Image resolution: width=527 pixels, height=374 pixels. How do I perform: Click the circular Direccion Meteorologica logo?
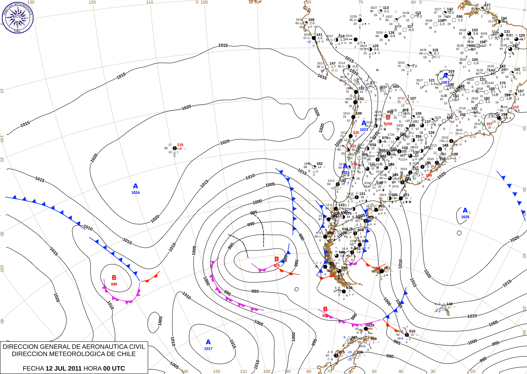pyautogui.click(x=17, y=17)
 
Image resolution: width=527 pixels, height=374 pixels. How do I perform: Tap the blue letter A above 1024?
pyautogui.click(x=135, y=186)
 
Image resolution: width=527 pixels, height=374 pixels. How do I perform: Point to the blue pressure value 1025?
pyautogui.click(x=465, y=217)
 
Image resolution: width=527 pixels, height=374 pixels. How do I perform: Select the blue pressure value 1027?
pyautogui.click(x=364, y=130)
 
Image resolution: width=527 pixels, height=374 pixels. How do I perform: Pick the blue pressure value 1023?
pyautogui.click(x=345, y=173)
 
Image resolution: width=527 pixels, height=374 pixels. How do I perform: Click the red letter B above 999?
pyautogui.click(x=114, y=278)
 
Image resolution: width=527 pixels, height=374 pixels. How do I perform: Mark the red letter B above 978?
pyautogui.click(x=277, y=259)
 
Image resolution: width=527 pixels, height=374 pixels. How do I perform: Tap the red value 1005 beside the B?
pyautogui.click(x=388, y=124)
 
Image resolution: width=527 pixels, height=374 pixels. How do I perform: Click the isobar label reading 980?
pyautogui.click(x=286, y=259)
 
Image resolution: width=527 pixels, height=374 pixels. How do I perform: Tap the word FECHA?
pyautogui.click(x=33, y=368)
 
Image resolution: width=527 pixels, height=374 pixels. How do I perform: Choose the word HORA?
pyautogui.click(x=92, y=368)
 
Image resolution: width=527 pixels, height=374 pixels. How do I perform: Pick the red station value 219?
pyautogui.click(x=180, y=145)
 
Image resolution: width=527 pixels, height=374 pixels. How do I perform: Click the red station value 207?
pyautogui.click(x=489, y=124)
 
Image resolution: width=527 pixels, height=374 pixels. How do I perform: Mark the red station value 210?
pyautogui.click(x=516, y=107)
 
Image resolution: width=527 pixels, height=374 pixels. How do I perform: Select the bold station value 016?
pyautogui.click(x=412, y=331)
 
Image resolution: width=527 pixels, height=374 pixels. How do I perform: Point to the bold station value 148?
pyautogui.click(x=449, y=304)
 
